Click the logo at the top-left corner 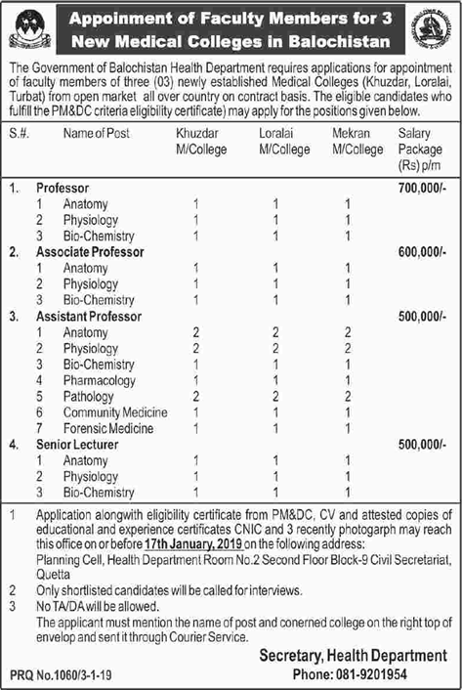coord(30,29)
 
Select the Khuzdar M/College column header coord(202,141)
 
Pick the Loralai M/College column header coord(280,141)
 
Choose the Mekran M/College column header coord(357,141)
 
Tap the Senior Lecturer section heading coord(78,445)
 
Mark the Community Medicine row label coord(115,412)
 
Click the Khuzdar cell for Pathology coord(196,396)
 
